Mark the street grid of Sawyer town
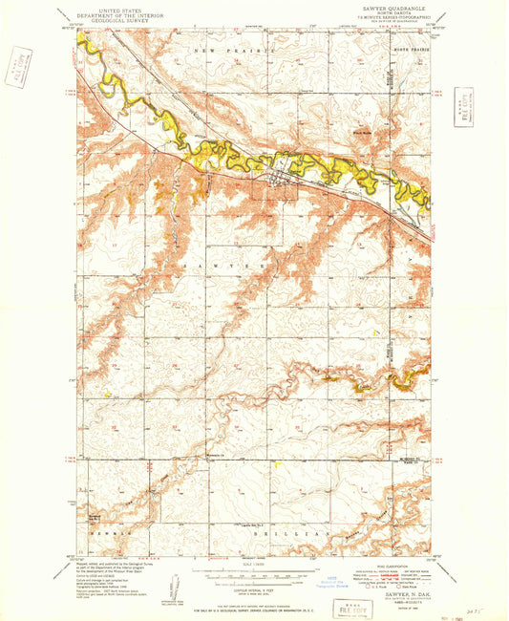[280, 173]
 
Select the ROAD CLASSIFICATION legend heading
[380, 566]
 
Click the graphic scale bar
[251, 576]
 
